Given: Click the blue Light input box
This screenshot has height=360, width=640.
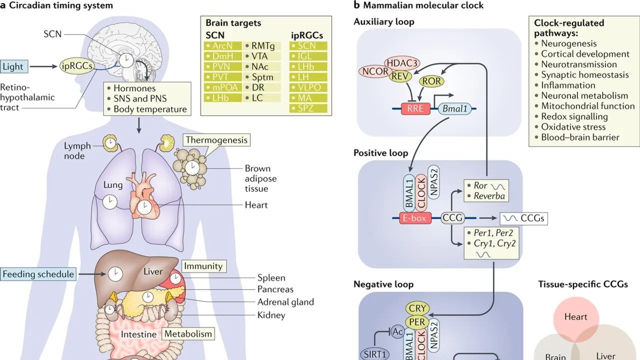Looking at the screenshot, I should [12, 66].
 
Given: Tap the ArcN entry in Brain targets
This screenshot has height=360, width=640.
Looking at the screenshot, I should [222, 46].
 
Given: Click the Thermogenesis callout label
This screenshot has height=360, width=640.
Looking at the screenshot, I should [216, 140].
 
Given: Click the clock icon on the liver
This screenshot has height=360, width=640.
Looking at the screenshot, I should [115, 273].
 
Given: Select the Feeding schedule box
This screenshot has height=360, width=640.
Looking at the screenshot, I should [38, 274].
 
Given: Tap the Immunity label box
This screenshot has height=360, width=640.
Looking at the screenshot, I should [202, 266].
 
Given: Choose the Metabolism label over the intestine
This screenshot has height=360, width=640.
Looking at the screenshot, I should [188, 334].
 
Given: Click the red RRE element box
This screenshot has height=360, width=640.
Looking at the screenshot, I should [415, 108].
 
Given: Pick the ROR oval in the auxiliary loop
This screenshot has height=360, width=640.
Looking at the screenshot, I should [431, 80].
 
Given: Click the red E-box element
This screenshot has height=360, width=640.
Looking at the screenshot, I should [415, 218].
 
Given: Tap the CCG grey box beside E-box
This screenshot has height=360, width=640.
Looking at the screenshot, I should [452, 218].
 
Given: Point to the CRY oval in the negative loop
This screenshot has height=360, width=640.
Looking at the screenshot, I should [417, 308].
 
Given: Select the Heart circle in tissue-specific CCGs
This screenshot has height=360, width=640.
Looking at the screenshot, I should [575, 317].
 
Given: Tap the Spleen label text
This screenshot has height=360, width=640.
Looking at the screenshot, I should [271, 278].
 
